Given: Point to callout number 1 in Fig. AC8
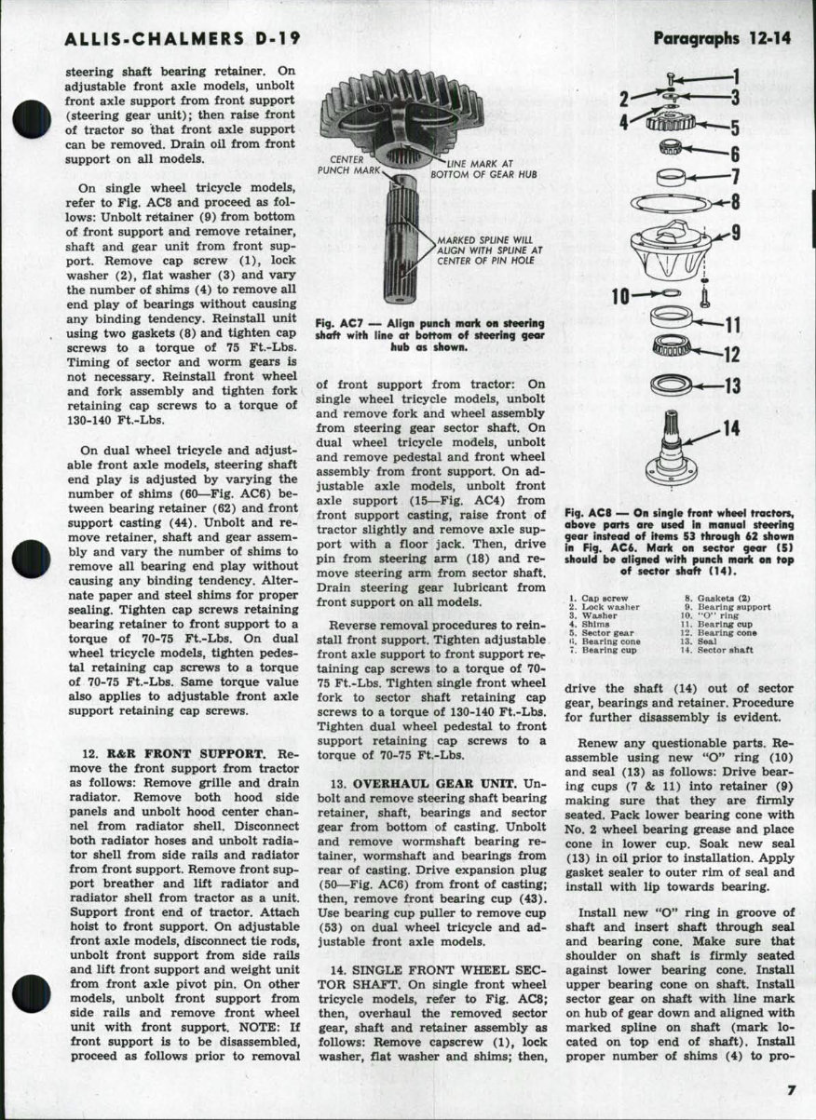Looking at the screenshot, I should tap(734, 76).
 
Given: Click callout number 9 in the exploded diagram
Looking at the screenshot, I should tap(735, 233).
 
